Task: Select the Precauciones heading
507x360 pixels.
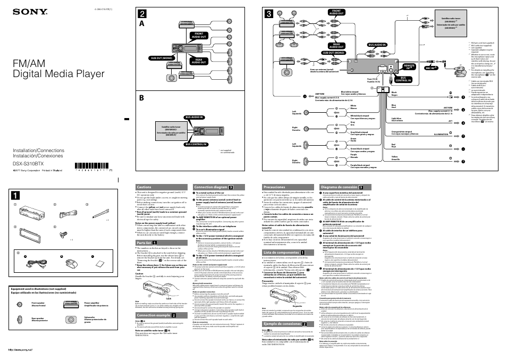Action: coord(274,187)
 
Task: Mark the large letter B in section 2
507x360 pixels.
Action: coord(141,98)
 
